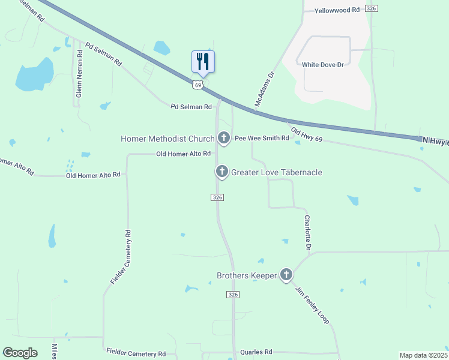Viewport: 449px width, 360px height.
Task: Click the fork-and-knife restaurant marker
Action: click(203, 62)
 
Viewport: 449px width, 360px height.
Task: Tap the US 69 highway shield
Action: click(197, 85)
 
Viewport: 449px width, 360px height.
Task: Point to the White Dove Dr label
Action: click(323, 64)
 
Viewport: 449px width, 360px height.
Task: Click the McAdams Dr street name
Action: click(264, 89)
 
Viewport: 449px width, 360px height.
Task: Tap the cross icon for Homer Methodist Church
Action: click(224, 139)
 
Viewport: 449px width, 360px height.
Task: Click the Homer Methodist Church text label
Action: click(167, 139)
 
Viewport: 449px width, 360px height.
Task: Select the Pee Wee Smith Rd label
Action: click(261, 138)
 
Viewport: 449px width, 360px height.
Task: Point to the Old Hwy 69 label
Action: click(307, 135)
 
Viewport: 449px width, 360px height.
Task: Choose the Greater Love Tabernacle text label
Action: click(277, 172)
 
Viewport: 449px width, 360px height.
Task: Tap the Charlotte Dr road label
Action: click(307, 233)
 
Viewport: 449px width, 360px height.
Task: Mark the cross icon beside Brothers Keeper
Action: click(286, 275)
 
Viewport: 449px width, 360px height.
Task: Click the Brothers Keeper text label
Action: click(247, 275)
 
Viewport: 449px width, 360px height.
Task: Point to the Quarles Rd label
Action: click(256, 352)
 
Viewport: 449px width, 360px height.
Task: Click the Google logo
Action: click(20, 353)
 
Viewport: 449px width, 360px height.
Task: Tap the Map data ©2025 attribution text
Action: click(423, 355)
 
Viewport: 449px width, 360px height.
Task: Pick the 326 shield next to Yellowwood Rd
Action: click(372, 8)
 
